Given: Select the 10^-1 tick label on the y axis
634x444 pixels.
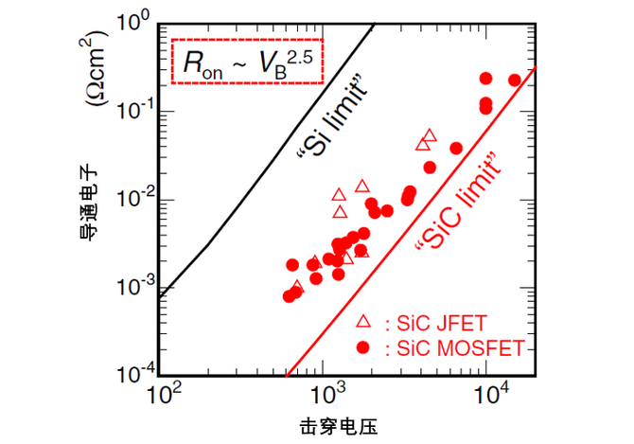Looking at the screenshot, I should tap(132, 112).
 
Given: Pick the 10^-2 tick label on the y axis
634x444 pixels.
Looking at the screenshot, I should tap(132, 201).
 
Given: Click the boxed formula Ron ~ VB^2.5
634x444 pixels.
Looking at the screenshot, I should tap(249, 62).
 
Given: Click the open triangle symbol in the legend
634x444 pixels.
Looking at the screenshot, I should tap(362, 322).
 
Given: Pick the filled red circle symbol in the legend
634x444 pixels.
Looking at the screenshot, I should tap(362, 346).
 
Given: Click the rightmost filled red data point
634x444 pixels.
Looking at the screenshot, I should tap(515, 80).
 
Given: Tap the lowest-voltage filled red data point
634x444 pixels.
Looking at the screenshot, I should tap(289, 296).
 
